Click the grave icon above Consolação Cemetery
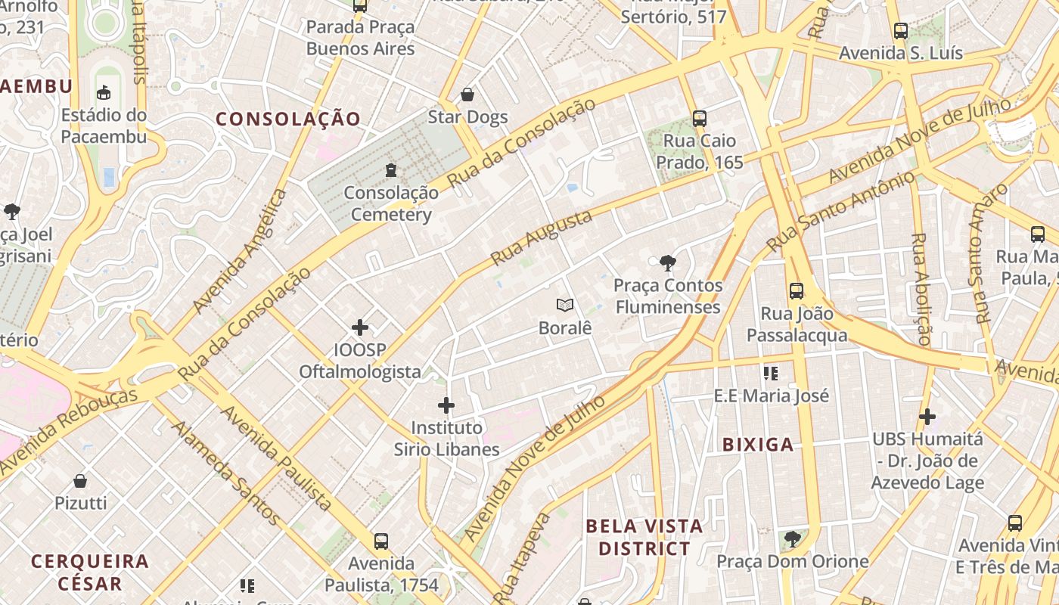click(x=391, y=170)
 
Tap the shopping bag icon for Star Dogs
click(x=467, y=95)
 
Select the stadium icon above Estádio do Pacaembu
click(x=104, y=93)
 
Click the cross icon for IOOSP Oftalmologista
click(x=360, y=327)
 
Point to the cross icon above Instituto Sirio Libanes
click(x=446, y=405)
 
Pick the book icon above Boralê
click(x=565, y=305)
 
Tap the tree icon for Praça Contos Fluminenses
click(x=667, y=263)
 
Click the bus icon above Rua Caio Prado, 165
click(x=700, y=119)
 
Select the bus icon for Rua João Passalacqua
click(x=797, y=291)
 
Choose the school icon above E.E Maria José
click(x=771, y=373)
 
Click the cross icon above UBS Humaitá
click(x=927, y=416)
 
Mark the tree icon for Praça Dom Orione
click(x=792, y=539)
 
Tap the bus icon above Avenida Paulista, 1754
click(x=381, y=541)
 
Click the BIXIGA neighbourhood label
click(x=758, y=445)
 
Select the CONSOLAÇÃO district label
click(x=288, y=119)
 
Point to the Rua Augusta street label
click(x=541, y=237)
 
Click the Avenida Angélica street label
click(x=240, y=251)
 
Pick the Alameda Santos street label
click(x=225, y=473)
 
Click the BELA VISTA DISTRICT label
click(x=644, y=537)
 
